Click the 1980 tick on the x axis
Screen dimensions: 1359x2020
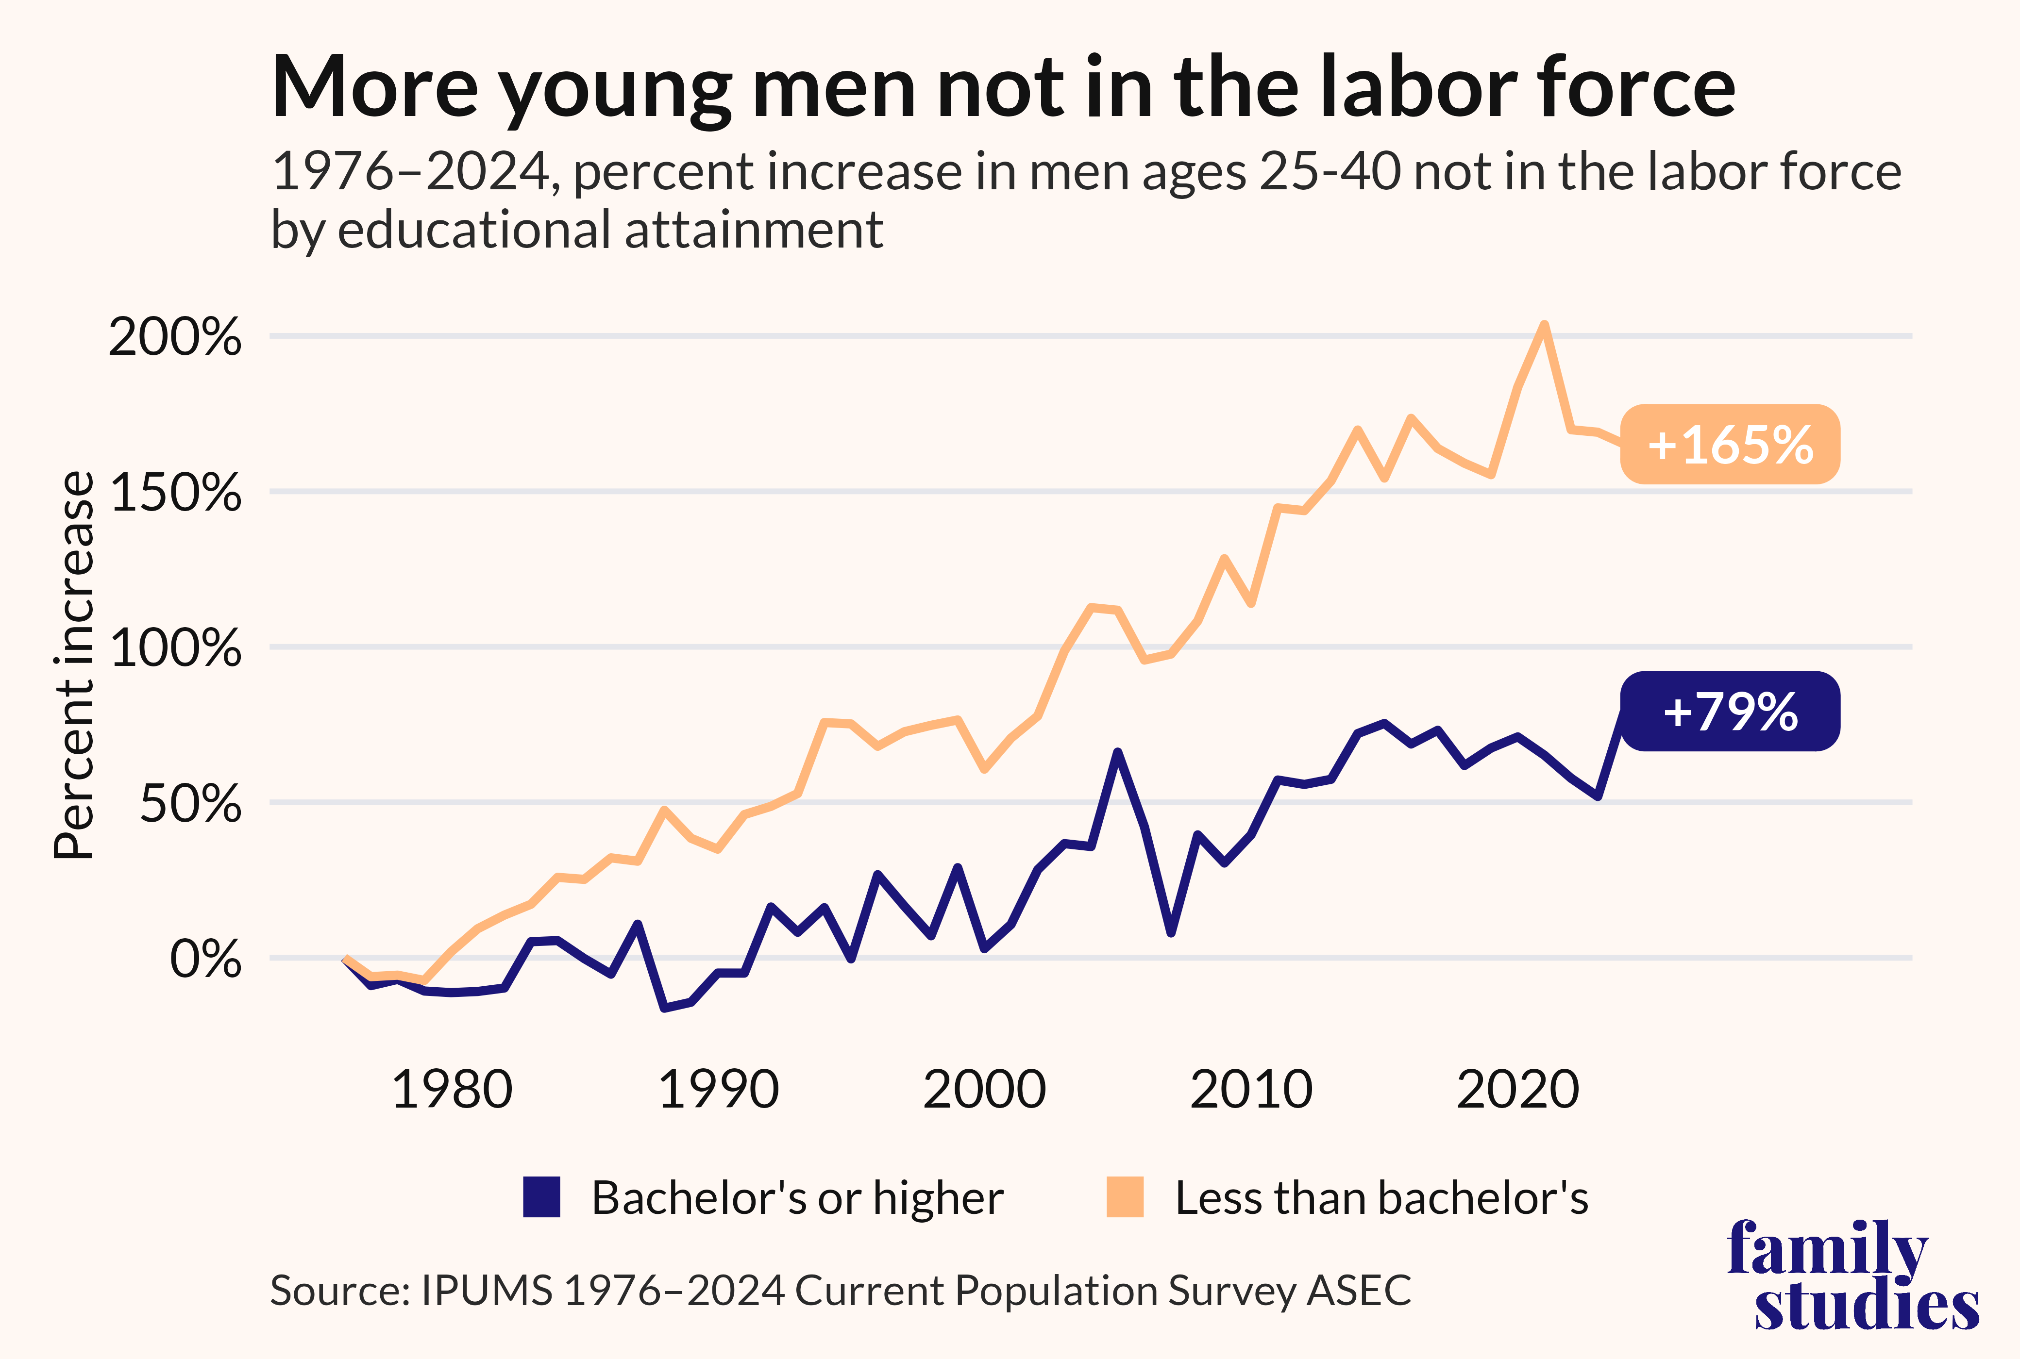[x=452, y=1090]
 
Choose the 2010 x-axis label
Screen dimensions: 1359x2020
[x=1251, y=1090]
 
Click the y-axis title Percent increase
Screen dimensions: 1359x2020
[x=74, y=665]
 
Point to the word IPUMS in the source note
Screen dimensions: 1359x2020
[x=487, y=1291]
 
